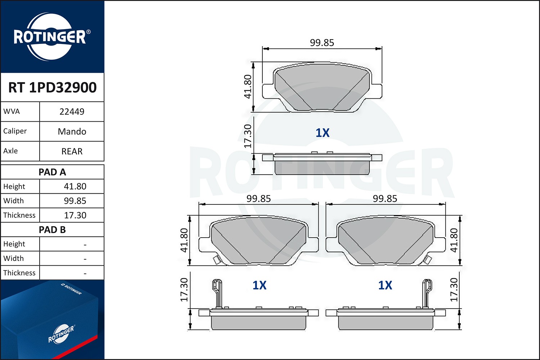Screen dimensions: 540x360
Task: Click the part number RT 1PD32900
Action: tap(52, 87)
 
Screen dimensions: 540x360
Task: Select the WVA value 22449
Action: tap(72, 112)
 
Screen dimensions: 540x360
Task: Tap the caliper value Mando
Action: tap(72, 131)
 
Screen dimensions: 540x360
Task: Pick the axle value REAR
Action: tap(72, 151)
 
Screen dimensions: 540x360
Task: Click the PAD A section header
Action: tap(52, 172)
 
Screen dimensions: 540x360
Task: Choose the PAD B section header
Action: tap(52, 230)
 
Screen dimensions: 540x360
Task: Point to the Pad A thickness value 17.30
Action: tap(75, 215)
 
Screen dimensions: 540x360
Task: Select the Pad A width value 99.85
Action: tap(75, 201)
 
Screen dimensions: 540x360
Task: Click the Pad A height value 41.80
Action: tap(75, 186)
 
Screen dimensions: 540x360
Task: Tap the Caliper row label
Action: tap(15, 131)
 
